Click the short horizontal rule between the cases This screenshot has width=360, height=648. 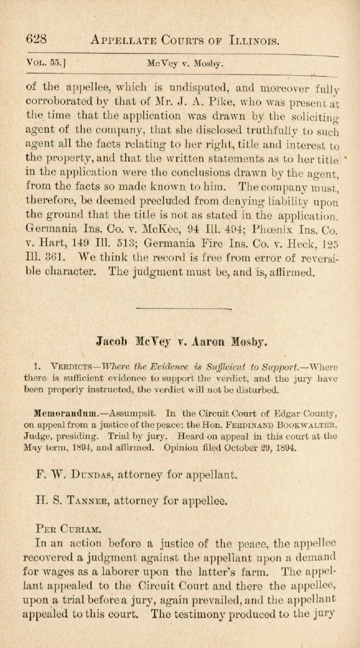tap(180, 310)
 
